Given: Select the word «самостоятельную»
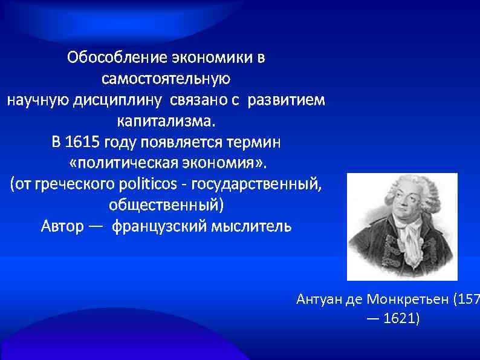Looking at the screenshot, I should [x=166, y=79].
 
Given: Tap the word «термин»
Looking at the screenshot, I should [x=259, y=143].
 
